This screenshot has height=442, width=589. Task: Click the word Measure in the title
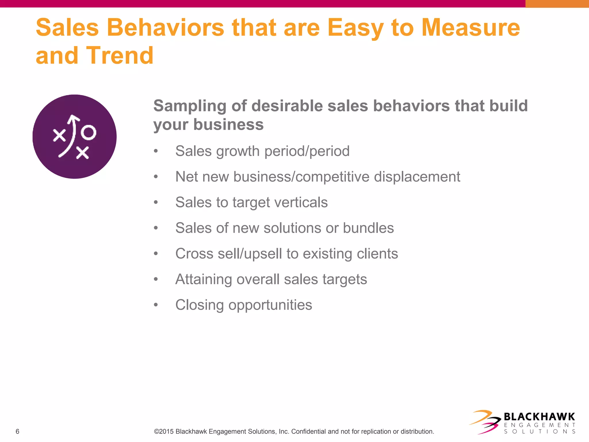pos(471,28)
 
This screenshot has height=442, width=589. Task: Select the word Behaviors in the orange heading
pos(165,28)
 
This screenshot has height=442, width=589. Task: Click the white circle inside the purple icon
pos(88,133)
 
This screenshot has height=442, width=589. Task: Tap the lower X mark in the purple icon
pos(83,153)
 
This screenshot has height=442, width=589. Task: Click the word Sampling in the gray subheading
pos(190,106)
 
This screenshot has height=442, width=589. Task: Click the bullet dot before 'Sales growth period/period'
pos(156,151)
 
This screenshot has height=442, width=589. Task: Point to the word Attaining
pos(204,279)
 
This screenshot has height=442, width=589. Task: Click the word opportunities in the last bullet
pos(270,305)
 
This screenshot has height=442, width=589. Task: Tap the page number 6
pos(18,431)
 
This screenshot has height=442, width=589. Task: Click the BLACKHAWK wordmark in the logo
pos(539,417)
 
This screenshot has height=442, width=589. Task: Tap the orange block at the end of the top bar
pos(557,4)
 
